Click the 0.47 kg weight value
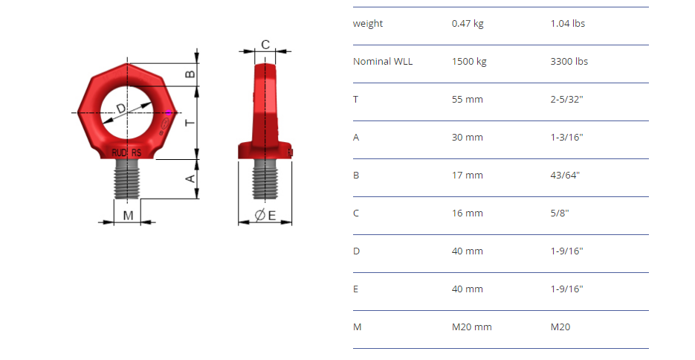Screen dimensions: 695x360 [x=468, y=24]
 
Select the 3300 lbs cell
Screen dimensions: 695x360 [x=569, y=61]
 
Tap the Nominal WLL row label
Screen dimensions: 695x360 [x=383, y=61]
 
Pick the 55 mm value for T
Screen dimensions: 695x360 [x=468, y=100]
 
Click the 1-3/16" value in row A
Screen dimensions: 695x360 [x=566, y=137]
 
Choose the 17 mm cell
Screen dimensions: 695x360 [x=468, y=175]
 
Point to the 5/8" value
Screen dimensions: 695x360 [x=560, y=213]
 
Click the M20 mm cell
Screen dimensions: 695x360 [x=471, y=327]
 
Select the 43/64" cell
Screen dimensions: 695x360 [x=565, y=175]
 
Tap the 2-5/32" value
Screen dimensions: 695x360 [x=566, y=100]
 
